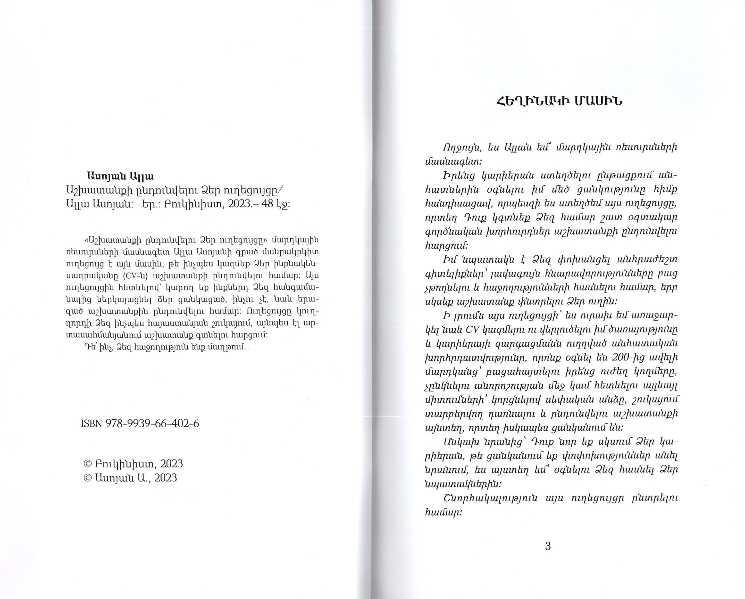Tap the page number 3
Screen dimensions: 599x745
(548, 546)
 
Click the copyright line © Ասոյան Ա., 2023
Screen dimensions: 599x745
(130, 478)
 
